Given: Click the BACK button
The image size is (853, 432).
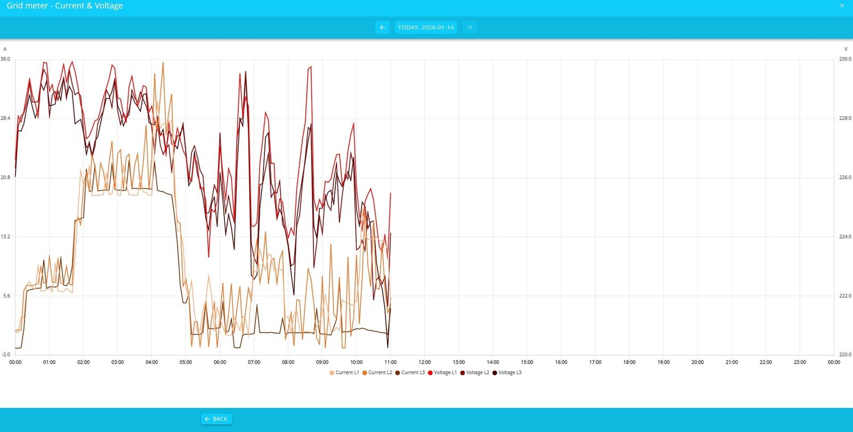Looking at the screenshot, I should pos(216,419).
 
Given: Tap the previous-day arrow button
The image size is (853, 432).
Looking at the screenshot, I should pos(382,27).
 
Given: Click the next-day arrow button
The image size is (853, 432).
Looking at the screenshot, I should pos(469,27).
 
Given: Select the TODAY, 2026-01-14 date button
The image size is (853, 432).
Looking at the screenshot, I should pos(425,27).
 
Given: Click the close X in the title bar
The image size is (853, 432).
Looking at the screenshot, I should pos(842,6).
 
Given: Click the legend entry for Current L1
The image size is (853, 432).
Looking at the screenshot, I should pos(344,372).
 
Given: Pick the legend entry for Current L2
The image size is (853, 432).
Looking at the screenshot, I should pos(377,372).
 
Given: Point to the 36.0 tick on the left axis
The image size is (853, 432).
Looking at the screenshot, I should pos(5,59).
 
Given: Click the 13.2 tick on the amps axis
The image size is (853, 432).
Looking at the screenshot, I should pos(5,237).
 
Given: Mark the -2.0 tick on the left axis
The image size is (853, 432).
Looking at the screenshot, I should pos(5,355).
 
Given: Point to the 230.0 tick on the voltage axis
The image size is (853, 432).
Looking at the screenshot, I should pos(845,59).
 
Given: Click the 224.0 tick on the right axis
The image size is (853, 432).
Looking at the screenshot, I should pos(845,237).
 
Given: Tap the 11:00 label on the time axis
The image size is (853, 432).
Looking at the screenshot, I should pos(390,362).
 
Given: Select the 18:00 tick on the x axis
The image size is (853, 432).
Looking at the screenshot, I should pos(629,362).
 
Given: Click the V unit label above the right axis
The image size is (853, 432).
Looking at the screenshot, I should pos(846,49).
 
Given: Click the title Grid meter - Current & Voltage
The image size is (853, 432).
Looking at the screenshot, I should pos(65,6).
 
